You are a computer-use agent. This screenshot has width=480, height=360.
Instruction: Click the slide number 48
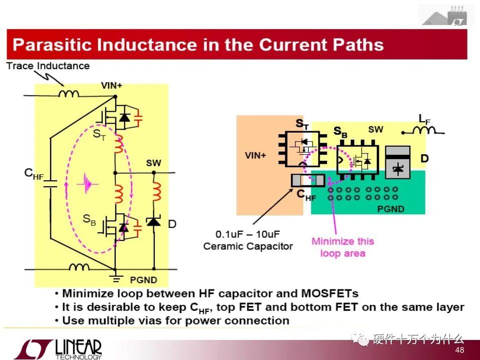[459, 350]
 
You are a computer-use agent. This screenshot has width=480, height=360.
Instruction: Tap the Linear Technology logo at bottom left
[58, 349]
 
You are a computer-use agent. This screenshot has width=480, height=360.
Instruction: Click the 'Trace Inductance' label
[48, 66]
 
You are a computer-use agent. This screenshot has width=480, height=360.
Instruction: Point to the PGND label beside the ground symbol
[143, 279]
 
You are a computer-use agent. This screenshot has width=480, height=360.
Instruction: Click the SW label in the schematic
[154, 164]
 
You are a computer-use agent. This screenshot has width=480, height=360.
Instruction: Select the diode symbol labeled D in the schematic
[153, 221]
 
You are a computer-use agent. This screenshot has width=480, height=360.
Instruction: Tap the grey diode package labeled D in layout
[398, 162]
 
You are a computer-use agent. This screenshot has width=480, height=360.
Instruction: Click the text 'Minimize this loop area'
[343, 247]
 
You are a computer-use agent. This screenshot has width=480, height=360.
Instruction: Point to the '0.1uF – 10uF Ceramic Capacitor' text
[248, 240]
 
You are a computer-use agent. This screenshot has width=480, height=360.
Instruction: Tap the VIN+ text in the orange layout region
[256, 155]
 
